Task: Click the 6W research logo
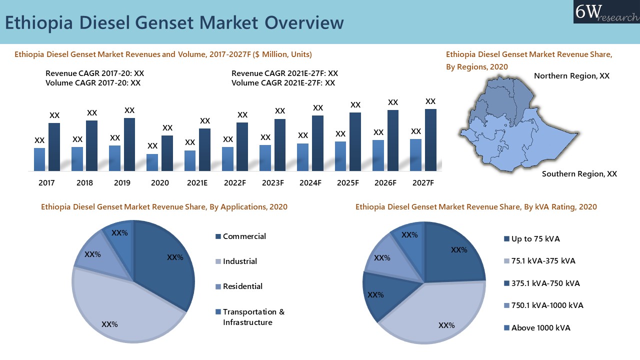(x=606, y=12)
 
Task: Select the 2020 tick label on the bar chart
(x=160, y=183)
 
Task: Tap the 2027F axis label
(x=423, y=183)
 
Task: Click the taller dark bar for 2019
(x=129, y=144)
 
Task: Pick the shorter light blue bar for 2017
(x=39, y=159)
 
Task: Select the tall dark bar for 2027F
(x=430, y=139)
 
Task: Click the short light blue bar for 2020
(x=152, y=162)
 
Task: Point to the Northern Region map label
(x=571, y=76)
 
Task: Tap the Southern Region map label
(x=579, y=174)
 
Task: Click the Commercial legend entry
(x=244, y=236)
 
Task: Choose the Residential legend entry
(x=242, y=286)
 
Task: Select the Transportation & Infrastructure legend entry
(x=253, y=317)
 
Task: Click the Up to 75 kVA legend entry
(x=535, y=239)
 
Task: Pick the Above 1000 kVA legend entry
(x=540, y=328)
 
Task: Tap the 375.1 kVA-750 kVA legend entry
(x=545, y=283)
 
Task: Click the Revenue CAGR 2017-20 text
(x=94, y=73)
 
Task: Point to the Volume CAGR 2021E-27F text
(x=283, y=83)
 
